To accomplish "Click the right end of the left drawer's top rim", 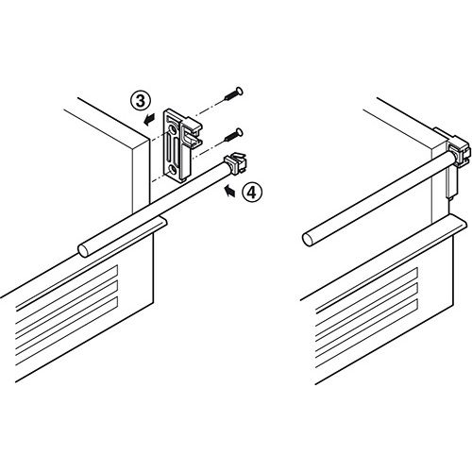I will click(x=166, y=220).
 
